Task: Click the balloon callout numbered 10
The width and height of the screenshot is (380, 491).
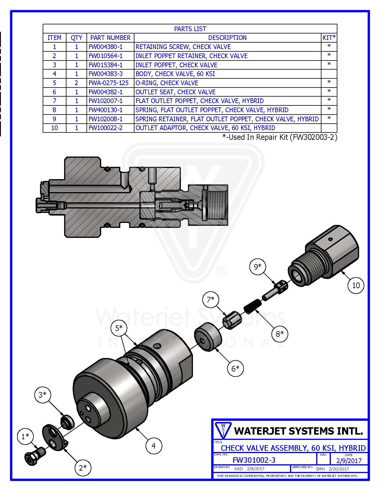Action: click(356, 285)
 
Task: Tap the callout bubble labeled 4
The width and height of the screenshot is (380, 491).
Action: click(154, 446)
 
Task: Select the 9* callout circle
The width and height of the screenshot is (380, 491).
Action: click(258, 267)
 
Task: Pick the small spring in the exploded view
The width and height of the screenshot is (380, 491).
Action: click(251, 306)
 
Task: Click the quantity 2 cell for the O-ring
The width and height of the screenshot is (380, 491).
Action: click(76, 83)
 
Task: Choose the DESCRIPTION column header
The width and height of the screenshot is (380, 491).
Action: click(227, 38)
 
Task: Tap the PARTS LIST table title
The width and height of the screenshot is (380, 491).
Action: click(190, 29)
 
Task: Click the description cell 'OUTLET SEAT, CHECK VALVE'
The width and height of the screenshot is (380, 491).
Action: click(176, 92)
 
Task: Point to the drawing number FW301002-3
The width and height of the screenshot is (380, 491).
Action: click(254, 460)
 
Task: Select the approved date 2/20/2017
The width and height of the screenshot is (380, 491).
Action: click(339, 469)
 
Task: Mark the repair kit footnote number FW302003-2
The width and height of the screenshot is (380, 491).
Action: click(314, 137)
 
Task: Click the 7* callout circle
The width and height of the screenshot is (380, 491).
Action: click(211, 300)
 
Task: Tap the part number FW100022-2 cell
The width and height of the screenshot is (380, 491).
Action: click(106, 128)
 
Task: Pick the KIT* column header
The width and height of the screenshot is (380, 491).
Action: click(329, 38)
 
